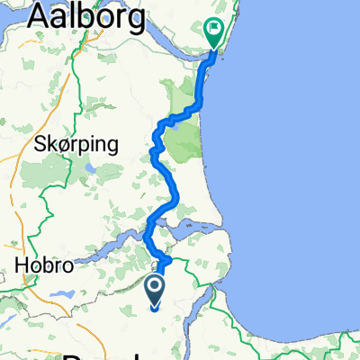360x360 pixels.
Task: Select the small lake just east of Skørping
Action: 90,167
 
